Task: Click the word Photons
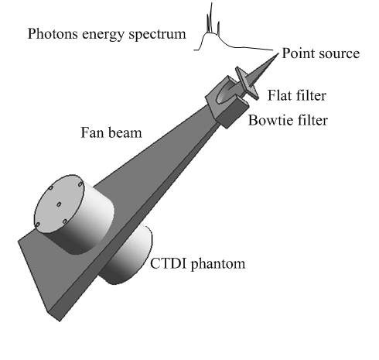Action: coord(53,34)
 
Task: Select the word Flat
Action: coord(280,95)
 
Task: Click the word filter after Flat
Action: coord(312,95)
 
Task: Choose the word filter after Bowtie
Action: coord(312,120)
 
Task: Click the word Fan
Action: coord(92,132)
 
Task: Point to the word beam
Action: coord(125,132)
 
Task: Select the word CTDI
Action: coord(168,263)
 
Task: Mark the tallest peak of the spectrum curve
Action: coord(212,3)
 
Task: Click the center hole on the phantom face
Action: coord(59,204)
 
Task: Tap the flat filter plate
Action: coord(247,83)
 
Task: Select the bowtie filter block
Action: coord(227,102)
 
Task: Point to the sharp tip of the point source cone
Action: coord(278,53)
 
